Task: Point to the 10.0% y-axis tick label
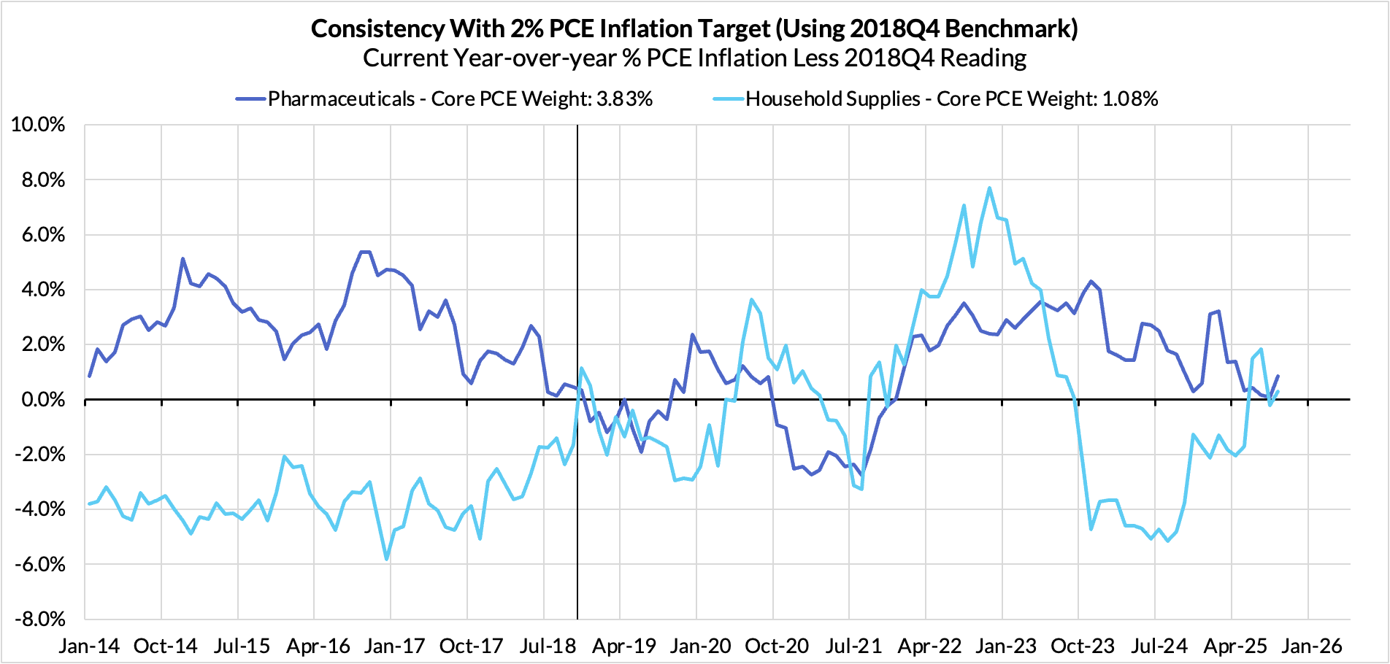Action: (39, 125)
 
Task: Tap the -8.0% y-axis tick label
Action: (39, 619)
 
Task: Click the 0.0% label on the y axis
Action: (42, 400)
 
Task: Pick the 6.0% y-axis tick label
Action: (42, 235)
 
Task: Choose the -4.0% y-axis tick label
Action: (39, 509)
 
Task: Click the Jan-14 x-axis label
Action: (90, 646)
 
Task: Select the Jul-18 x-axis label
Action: (547, 646)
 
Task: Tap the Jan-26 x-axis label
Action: (1312, 646)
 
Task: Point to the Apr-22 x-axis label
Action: (929, 646)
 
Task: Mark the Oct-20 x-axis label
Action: (777, 646)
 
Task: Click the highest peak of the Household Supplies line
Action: (989, 188)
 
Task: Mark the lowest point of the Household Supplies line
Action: (386, 559)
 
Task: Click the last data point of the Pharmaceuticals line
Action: (1278, 377)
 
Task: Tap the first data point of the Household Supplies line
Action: (90, 503)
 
